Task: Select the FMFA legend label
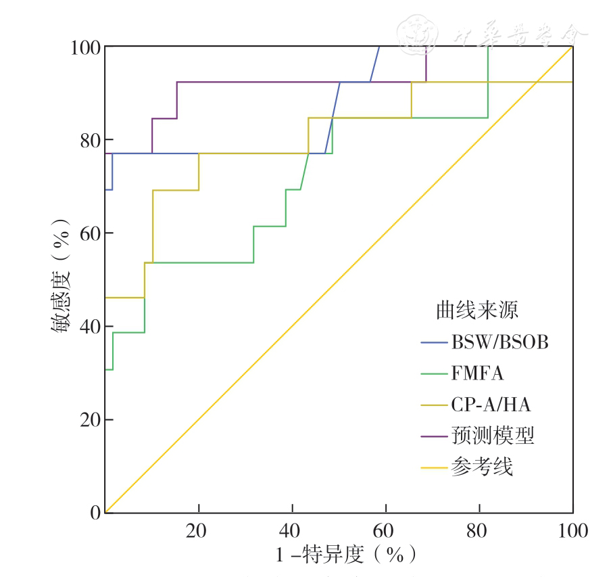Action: coord(477,373)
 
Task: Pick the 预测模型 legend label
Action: coord(492,436)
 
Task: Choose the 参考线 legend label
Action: coord(481,467)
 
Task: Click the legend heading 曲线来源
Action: coord(476,310)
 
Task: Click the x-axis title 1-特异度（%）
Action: coord(345,555)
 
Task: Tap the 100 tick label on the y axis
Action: coord(85,47)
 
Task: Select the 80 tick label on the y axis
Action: coord(90,140)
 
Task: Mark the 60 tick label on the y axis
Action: coord(90,233)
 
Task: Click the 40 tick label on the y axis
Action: coord(90,327)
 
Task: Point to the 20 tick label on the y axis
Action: coord(90,420)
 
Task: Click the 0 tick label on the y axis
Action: coord(95,513)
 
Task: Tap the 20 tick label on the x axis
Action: coord(198,530)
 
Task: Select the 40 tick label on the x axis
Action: coord(292,530)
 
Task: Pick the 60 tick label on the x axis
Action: coord(385,530)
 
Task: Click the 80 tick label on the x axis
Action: coord(479,530)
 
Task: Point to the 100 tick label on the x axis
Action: coord(572,530)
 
